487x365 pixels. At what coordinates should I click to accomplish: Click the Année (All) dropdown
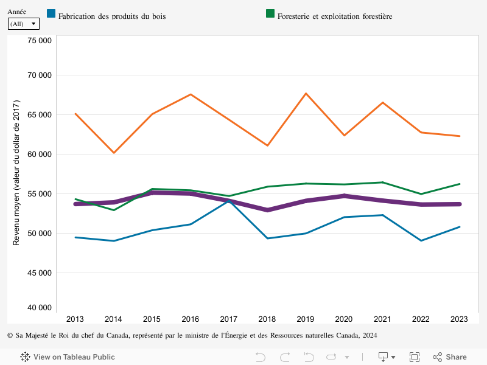click(24, 24)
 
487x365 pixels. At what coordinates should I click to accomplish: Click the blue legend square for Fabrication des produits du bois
click(52, 14)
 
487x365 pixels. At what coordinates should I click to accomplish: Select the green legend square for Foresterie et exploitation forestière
click(271, 14)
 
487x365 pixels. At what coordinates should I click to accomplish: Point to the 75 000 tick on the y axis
click(40, 41)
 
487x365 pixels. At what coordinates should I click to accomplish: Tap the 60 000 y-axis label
click(40, 155)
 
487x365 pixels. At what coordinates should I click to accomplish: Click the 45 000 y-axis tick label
click(40, 273)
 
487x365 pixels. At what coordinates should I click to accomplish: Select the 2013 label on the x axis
click(75, 319)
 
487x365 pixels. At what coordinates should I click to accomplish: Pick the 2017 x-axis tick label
click(229, 319)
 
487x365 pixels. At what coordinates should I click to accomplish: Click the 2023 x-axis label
click(460, 319)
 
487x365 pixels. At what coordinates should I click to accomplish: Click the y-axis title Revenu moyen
click(17, 173)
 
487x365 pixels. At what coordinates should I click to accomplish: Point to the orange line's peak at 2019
click(306, 94)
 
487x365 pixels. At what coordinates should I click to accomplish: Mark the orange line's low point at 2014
click(113, 153)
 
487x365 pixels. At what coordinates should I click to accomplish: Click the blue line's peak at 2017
click(229, 201)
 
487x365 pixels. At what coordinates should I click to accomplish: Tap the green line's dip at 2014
click(113, 210)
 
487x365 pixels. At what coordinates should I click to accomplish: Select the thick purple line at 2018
click(267, 210)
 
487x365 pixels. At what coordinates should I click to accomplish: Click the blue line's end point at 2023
click(460, 227)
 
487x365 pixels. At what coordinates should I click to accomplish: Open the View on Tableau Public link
click(68, 357)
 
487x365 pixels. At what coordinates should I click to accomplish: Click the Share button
click(450, 357)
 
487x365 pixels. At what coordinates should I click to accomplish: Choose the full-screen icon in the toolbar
click(415, 357)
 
